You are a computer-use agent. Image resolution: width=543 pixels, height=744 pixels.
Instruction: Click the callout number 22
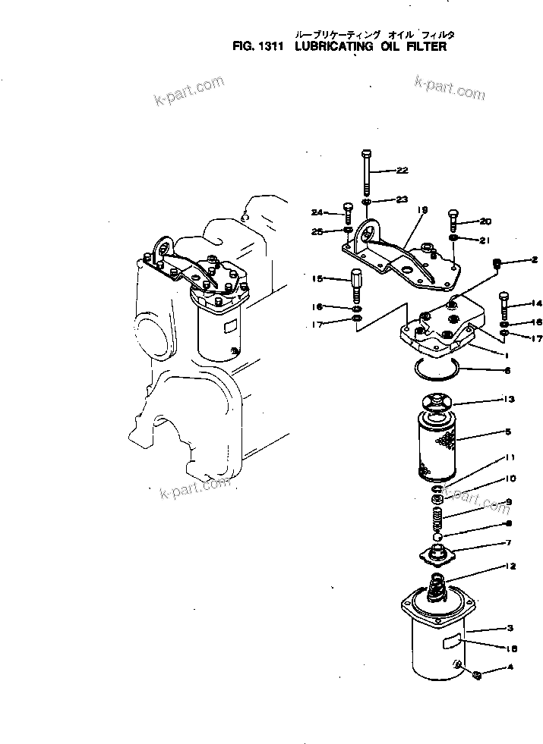[x=402, y=171]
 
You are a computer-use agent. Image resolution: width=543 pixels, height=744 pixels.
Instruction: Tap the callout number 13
[x=509, y=398]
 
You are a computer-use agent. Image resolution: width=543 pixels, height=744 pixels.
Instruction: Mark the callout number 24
[x=317, y=212]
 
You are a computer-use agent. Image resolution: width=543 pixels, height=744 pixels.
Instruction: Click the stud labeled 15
[x=355, y=284]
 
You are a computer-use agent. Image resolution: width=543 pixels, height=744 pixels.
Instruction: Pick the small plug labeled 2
[x=497, y=263]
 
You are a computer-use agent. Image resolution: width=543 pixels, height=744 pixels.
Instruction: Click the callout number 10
[x=510, y=479]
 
